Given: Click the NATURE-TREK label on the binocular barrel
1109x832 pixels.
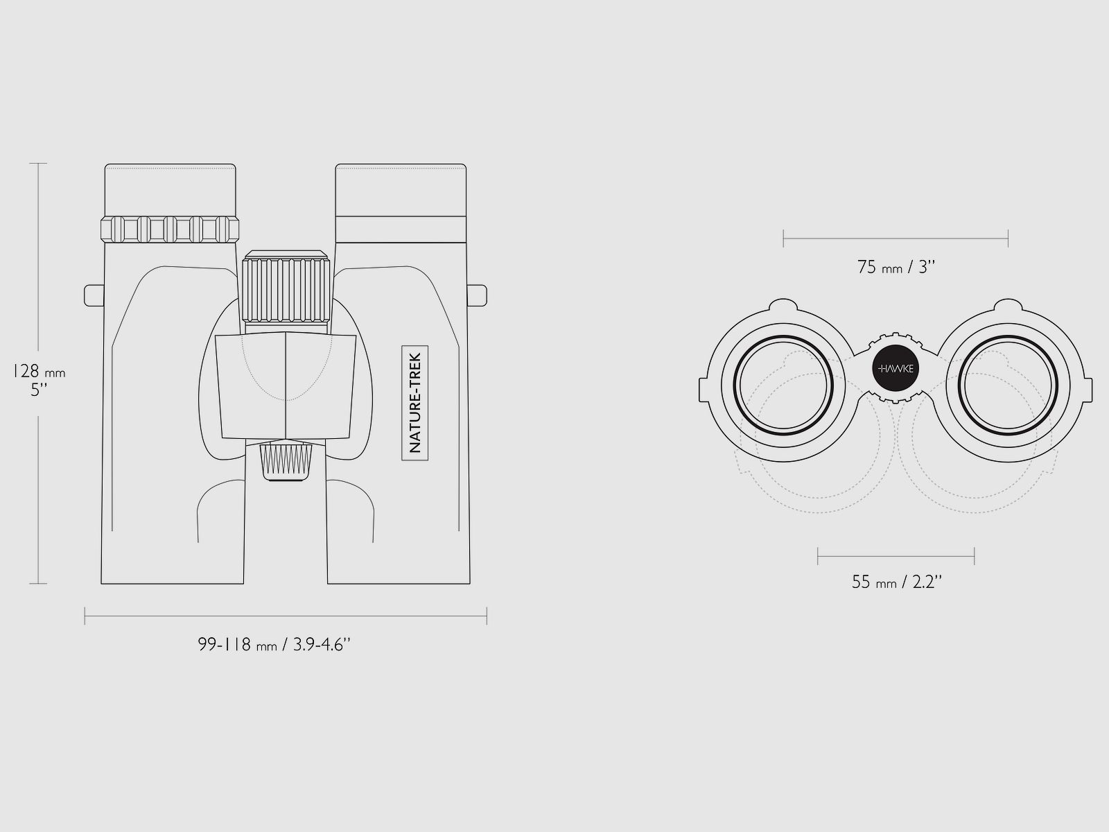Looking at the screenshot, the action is click(x=414, y=403).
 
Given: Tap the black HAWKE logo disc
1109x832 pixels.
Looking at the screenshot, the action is click(x=896, y=368).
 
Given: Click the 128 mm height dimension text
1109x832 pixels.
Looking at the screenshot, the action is click(x=39, y=372).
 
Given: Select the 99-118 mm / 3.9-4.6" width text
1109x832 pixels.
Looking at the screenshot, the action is click(x=274, y=645).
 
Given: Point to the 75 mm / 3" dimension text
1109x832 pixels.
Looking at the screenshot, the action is click(x=896, y=267).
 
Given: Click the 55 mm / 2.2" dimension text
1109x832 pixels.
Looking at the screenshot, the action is click(x=897, y=582).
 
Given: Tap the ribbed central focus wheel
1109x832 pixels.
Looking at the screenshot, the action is click(x=286, y=287).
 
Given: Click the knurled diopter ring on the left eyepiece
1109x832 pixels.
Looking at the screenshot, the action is click(x=170, y=229).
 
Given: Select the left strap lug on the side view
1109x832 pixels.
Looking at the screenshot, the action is click(x=94, y=295).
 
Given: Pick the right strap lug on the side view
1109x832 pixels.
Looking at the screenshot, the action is click(x=477, y=295).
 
